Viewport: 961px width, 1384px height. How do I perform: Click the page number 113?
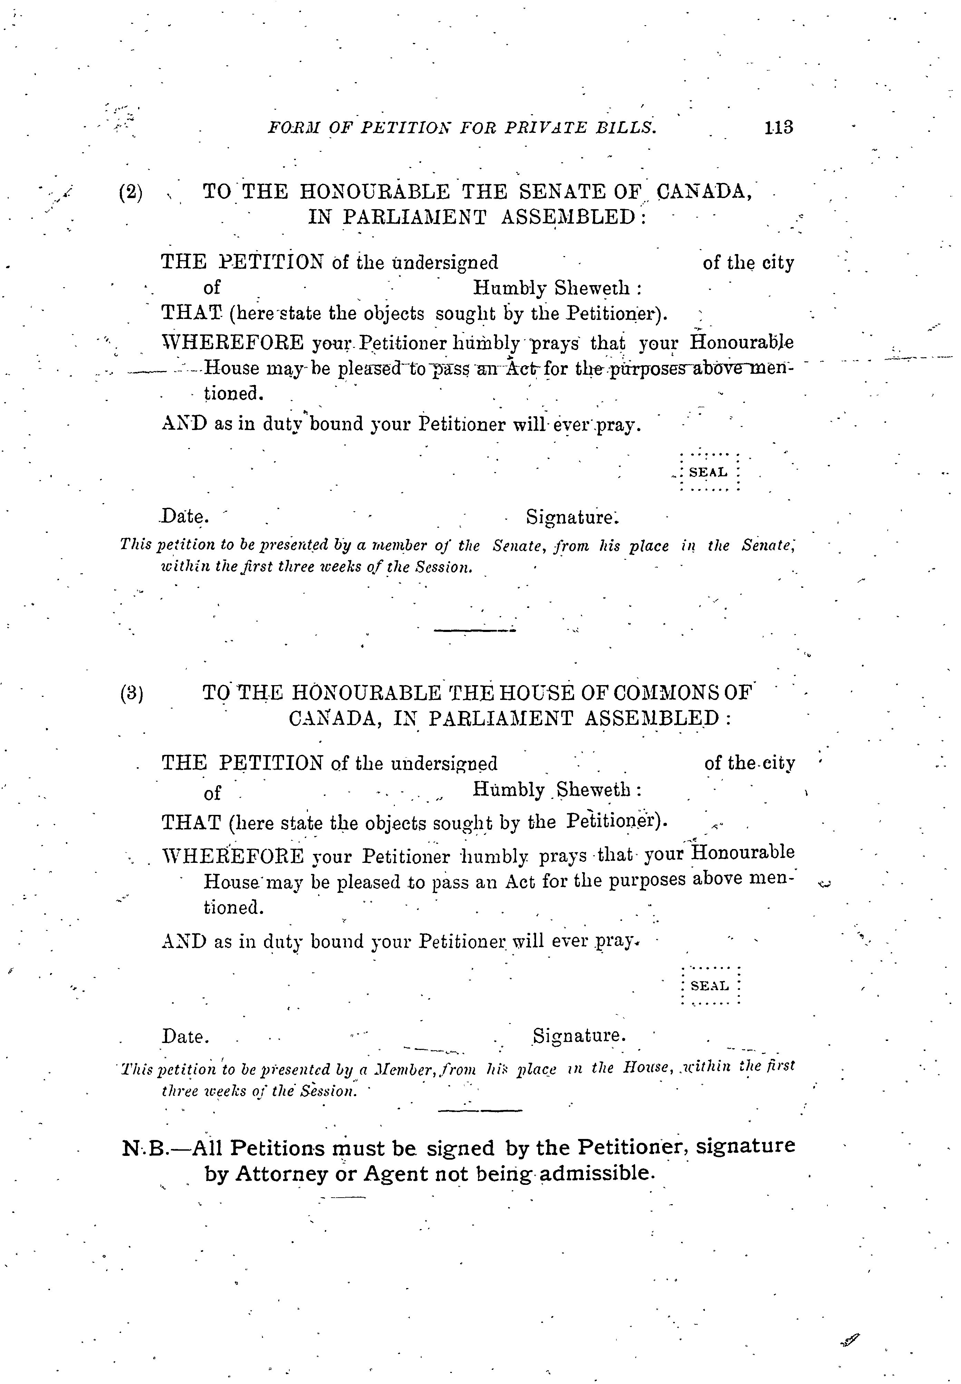(x=778, y=128)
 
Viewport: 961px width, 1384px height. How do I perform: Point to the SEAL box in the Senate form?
(x=708, y=472)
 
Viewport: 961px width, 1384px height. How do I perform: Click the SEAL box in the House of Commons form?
(x=710, y=986)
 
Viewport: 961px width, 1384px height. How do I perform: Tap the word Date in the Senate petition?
(x=184, y=517)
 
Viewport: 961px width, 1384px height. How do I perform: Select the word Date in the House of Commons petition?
(x=185, y=1037)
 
